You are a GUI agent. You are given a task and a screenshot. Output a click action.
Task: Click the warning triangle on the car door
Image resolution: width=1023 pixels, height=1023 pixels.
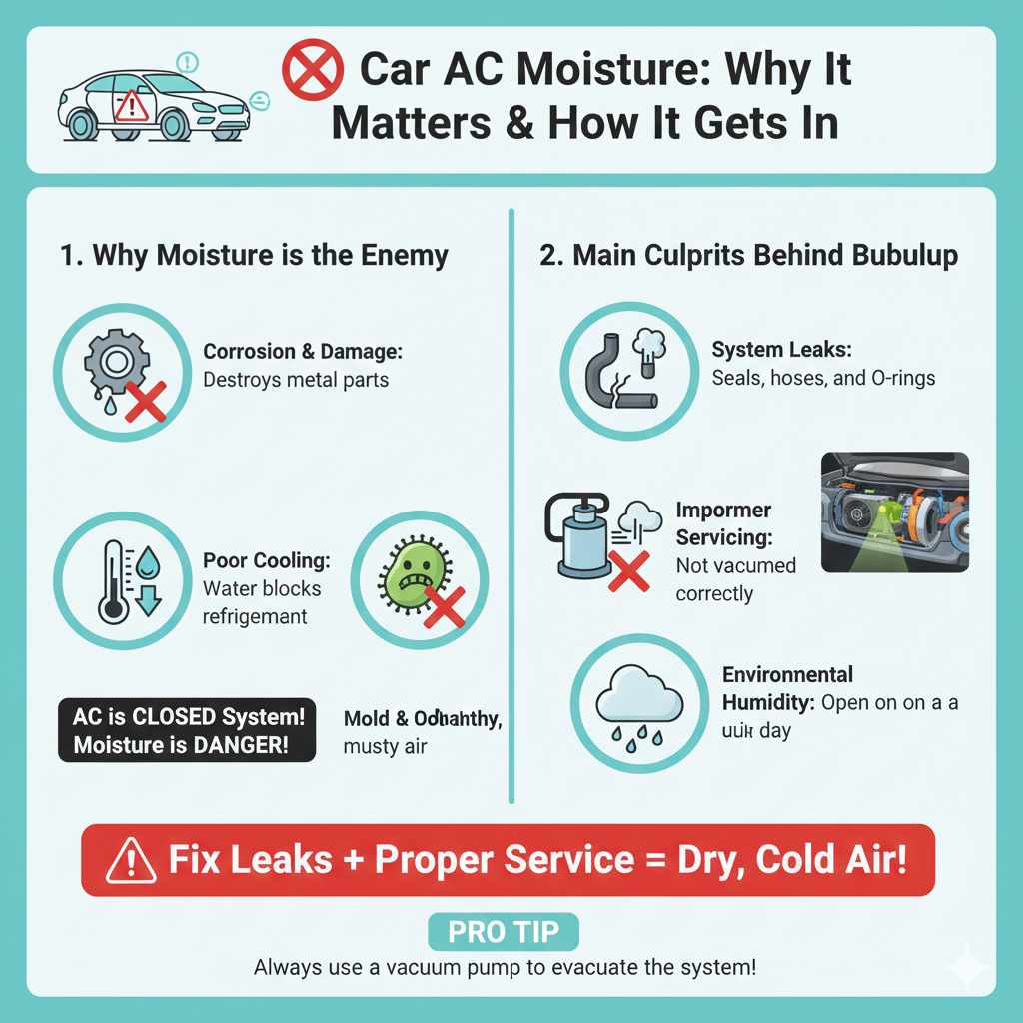pos(131,104)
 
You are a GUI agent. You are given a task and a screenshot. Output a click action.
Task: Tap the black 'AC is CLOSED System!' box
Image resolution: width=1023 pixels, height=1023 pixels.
pos(187,732)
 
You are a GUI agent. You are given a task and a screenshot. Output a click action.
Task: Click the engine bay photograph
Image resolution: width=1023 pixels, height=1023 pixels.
pos(894,511)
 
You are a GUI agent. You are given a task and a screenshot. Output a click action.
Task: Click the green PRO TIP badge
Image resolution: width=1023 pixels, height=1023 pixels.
pos(504,933)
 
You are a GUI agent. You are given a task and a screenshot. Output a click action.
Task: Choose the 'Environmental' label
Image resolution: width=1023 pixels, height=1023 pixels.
pos(787,674)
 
